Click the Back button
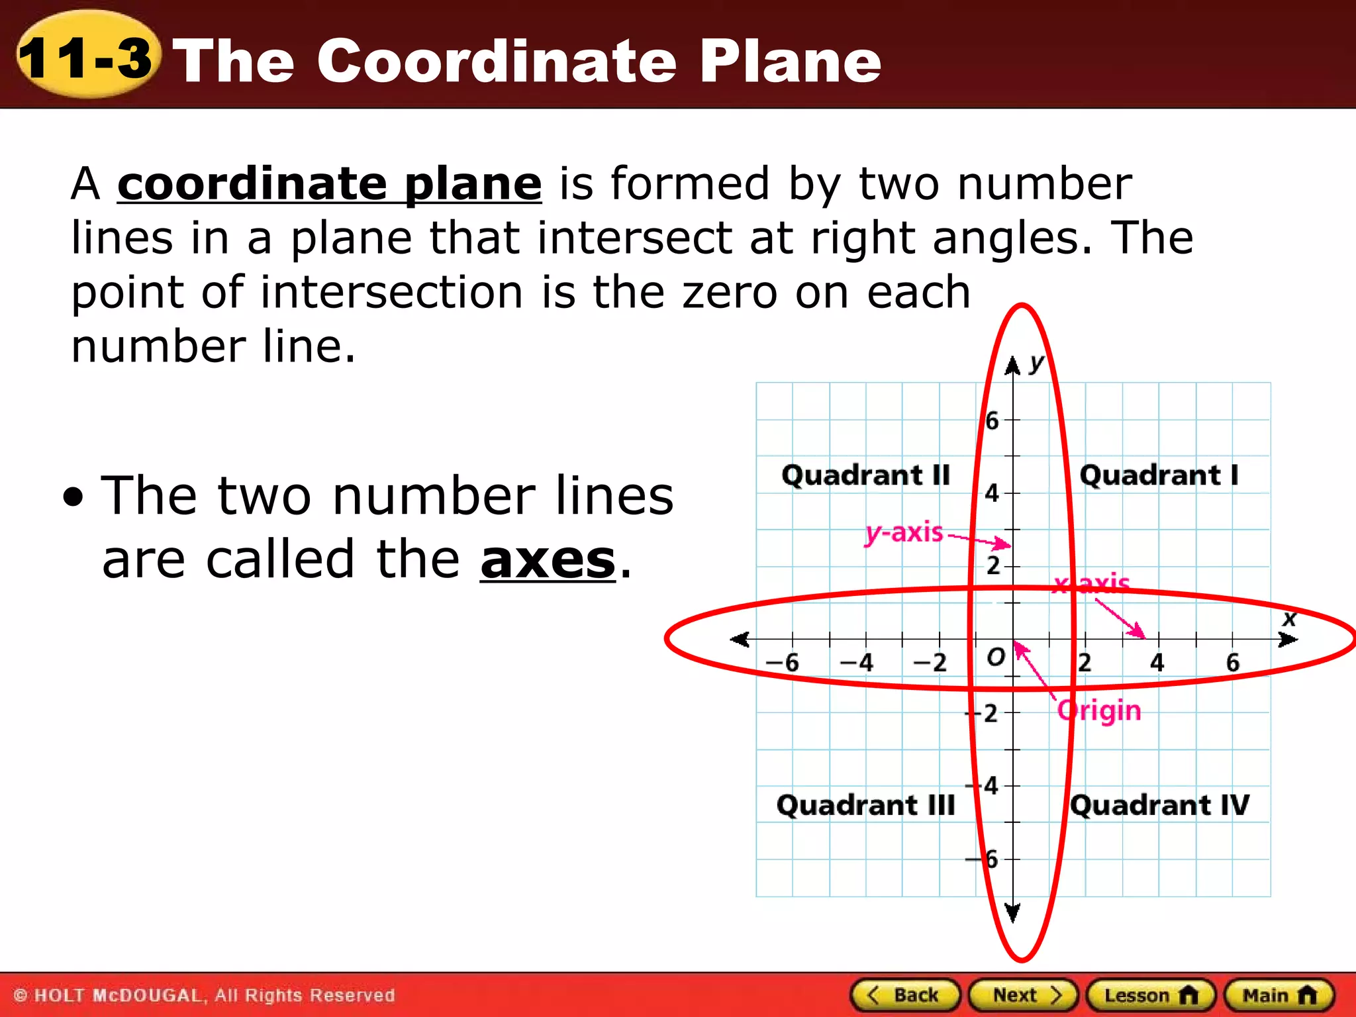905,994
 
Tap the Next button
1024,994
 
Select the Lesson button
1151,994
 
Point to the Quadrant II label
865,475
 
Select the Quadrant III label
865,805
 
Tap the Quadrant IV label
1160,805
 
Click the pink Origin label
1099,711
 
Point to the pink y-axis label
904,532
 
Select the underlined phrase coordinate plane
330,183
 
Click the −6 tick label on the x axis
783,662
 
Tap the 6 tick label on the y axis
992,420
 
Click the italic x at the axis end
1289,619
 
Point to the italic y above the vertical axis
1037,363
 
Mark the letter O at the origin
995,657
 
